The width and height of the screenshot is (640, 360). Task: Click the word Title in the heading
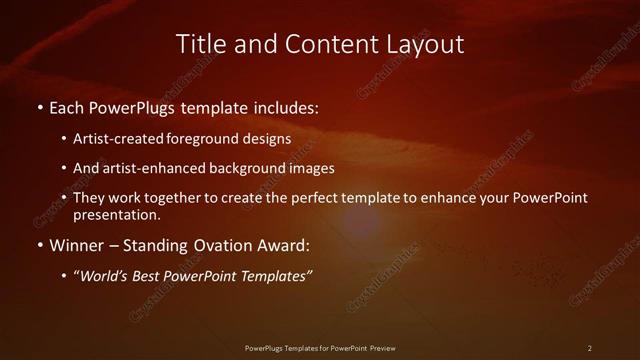pos(199,44)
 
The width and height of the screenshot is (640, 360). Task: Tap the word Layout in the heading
pos(425,44)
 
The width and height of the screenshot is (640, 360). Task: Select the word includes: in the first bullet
pos(287,105)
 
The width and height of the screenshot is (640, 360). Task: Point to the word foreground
pos(210,139)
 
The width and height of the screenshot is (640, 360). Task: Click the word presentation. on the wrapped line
pos(117,214)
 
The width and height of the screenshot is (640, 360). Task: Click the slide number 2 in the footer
pos(590,348)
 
